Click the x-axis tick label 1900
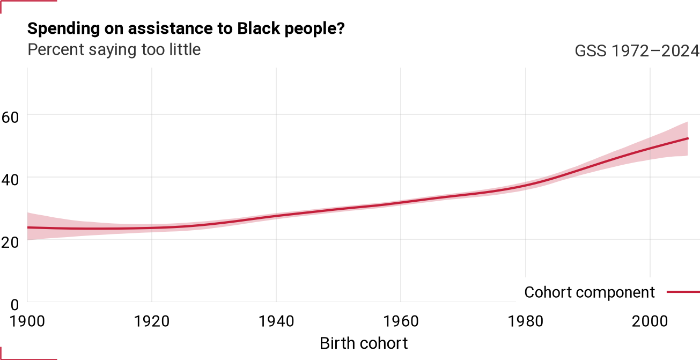[27, 321]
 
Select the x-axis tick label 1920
[152, 321]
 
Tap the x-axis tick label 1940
[277, 321]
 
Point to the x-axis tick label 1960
[401, 321]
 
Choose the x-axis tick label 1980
[526, 321]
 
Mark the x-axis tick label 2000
[650, 321]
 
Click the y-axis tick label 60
[10, 118]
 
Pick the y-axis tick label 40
[10, 180]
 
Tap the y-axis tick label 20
[10, 243]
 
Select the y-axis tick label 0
[14, 305]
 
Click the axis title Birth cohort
[364, 343]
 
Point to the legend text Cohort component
[590, 293]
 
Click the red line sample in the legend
[683, 292]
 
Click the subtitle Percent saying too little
[114, 50]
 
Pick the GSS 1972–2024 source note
[637, 51]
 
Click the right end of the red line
[688, 138]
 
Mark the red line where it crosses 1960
[401, 202]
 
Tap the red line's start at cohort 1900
[28, 227]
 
